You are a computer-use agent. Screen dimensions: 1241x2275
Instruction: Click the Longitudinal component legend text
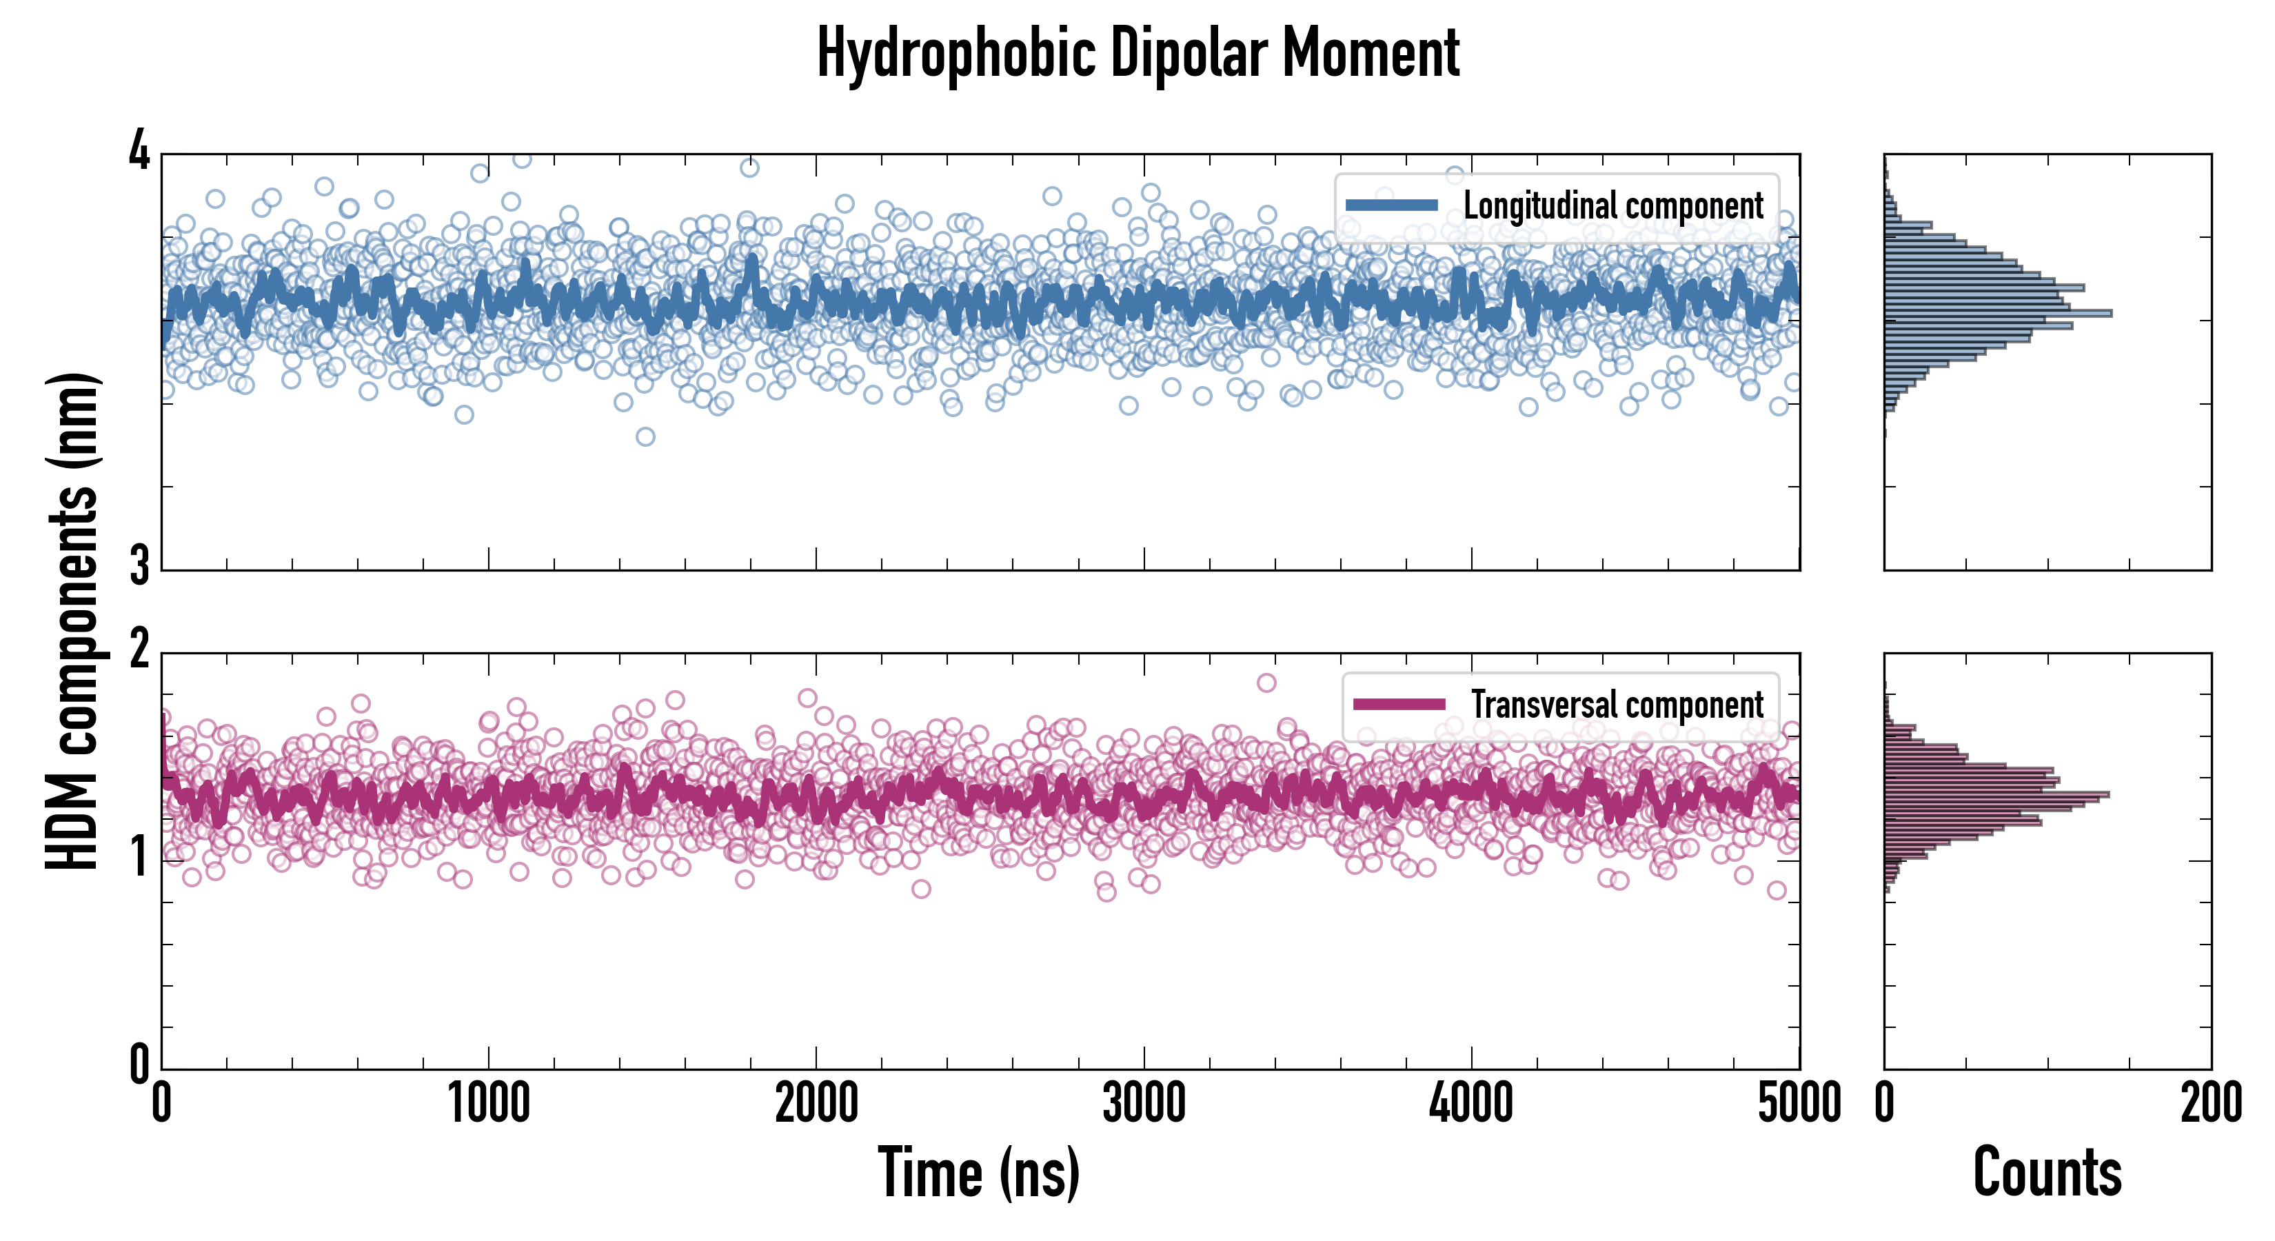point(1612,206)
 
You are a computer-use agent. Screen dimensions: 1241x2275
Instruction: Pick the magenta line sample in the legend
point(1399,705)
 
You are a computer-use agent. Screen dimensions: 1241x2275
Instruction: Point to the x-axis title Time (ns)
point(978,1172)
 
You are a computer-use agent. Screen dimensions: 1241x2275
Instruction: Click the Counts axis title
point(2047,1172)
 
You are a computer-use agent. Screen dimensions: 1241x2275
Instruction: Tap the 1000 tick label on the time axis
point(488,1104)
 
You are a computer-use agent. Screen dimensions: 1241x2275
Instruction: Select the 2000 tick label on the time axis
point(816,1104)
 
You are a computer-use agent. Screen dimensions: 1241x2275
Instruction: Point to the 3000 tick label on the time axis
point(1144,1104)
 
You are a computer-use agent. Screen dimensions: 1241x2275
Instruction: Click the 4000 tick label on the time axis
point(1471,1104)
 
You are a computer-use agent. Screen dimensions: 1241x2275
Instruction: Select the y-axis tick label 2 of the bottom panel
point(139,651)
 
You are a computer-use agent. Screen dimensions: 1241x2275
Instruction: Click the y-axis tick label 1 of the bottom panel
point(139,857)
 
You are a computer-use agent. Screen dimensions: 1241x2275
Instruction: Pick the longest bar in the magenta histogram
point(1996,795)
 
